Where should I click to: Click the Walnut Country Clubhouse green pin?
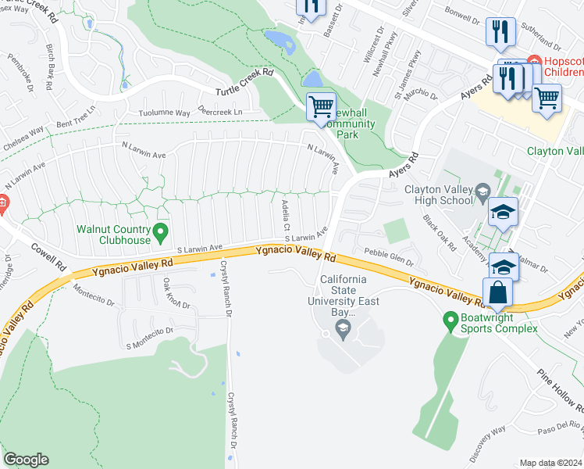(x=160, y=231)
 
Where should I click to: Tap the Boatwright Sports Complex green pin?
(x=450, y=320)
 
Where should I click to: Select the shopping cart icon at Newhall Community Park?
(x=321, y=106)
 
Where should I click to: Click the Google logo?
(x=26, y=460)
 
